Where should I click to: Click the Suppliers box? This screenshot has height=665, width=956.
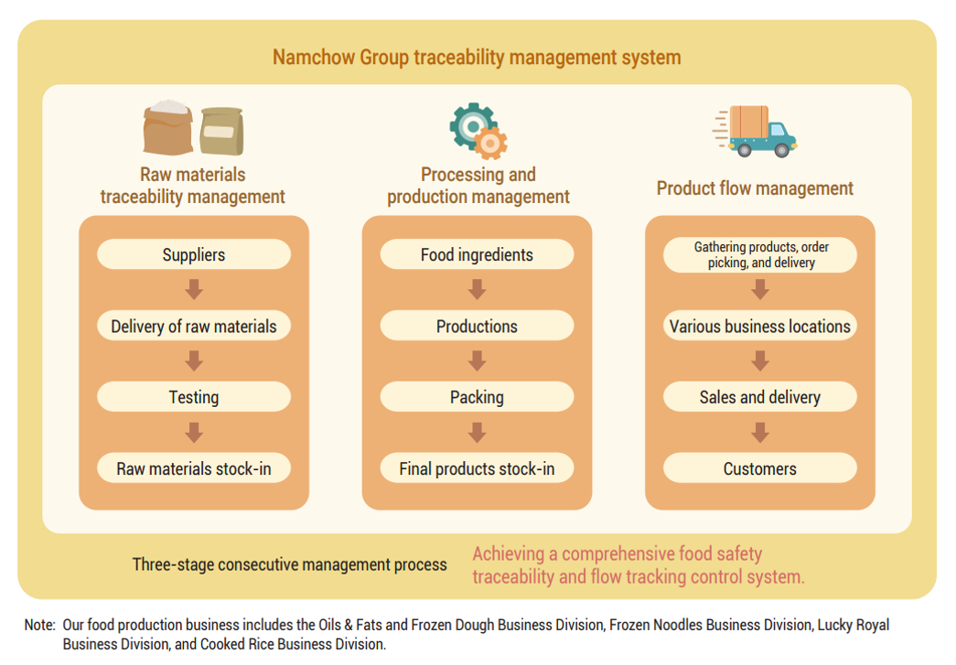tap(194, 255)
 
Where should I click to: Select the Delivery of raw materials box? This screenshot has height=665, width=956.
tap(194, 327)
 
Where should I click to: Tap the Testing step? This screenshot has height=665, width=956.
tap(194, 397)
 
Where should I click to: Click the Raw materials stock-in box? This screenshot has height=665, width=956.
tap(194, 468)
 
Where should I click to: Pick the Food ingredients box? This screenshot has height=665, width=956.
tap(477, 255)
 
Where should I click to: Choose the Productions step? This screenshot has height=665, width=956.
tap(477, 327)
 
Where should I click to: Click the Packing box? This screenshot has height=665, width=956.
tap(477, 397)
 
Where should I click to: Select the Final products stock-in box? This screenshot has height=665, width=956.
tap(477, 468)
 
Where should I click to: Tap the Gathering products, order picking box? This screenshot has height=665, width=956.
tap(760, 255)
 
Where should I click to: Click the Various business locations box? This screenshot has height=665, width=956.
tap(760, 327)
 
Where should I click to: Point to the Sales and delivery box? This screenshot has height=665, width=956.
tap(760, 397)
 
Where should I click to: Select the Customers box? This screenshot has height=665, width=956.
tap(760, 468)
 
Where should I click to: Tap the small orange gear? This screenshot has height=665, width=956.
tap(492, 143)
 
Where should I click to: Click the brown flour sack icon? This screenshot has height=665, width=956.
tap(167, 128)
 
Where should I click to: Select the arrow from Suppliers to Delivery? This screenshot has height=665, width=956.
tap(194, 290)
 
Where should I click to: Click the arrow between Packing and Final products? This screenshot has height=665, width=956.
tap(477, 433)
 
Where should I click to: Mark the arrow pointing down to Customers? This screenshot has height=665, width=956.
tap(760, 433)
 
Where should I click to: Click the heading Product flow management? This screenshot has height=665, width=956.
tap(755, 188)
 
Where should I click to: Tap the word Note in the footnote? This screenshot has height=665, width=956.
tap(38, 625)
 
